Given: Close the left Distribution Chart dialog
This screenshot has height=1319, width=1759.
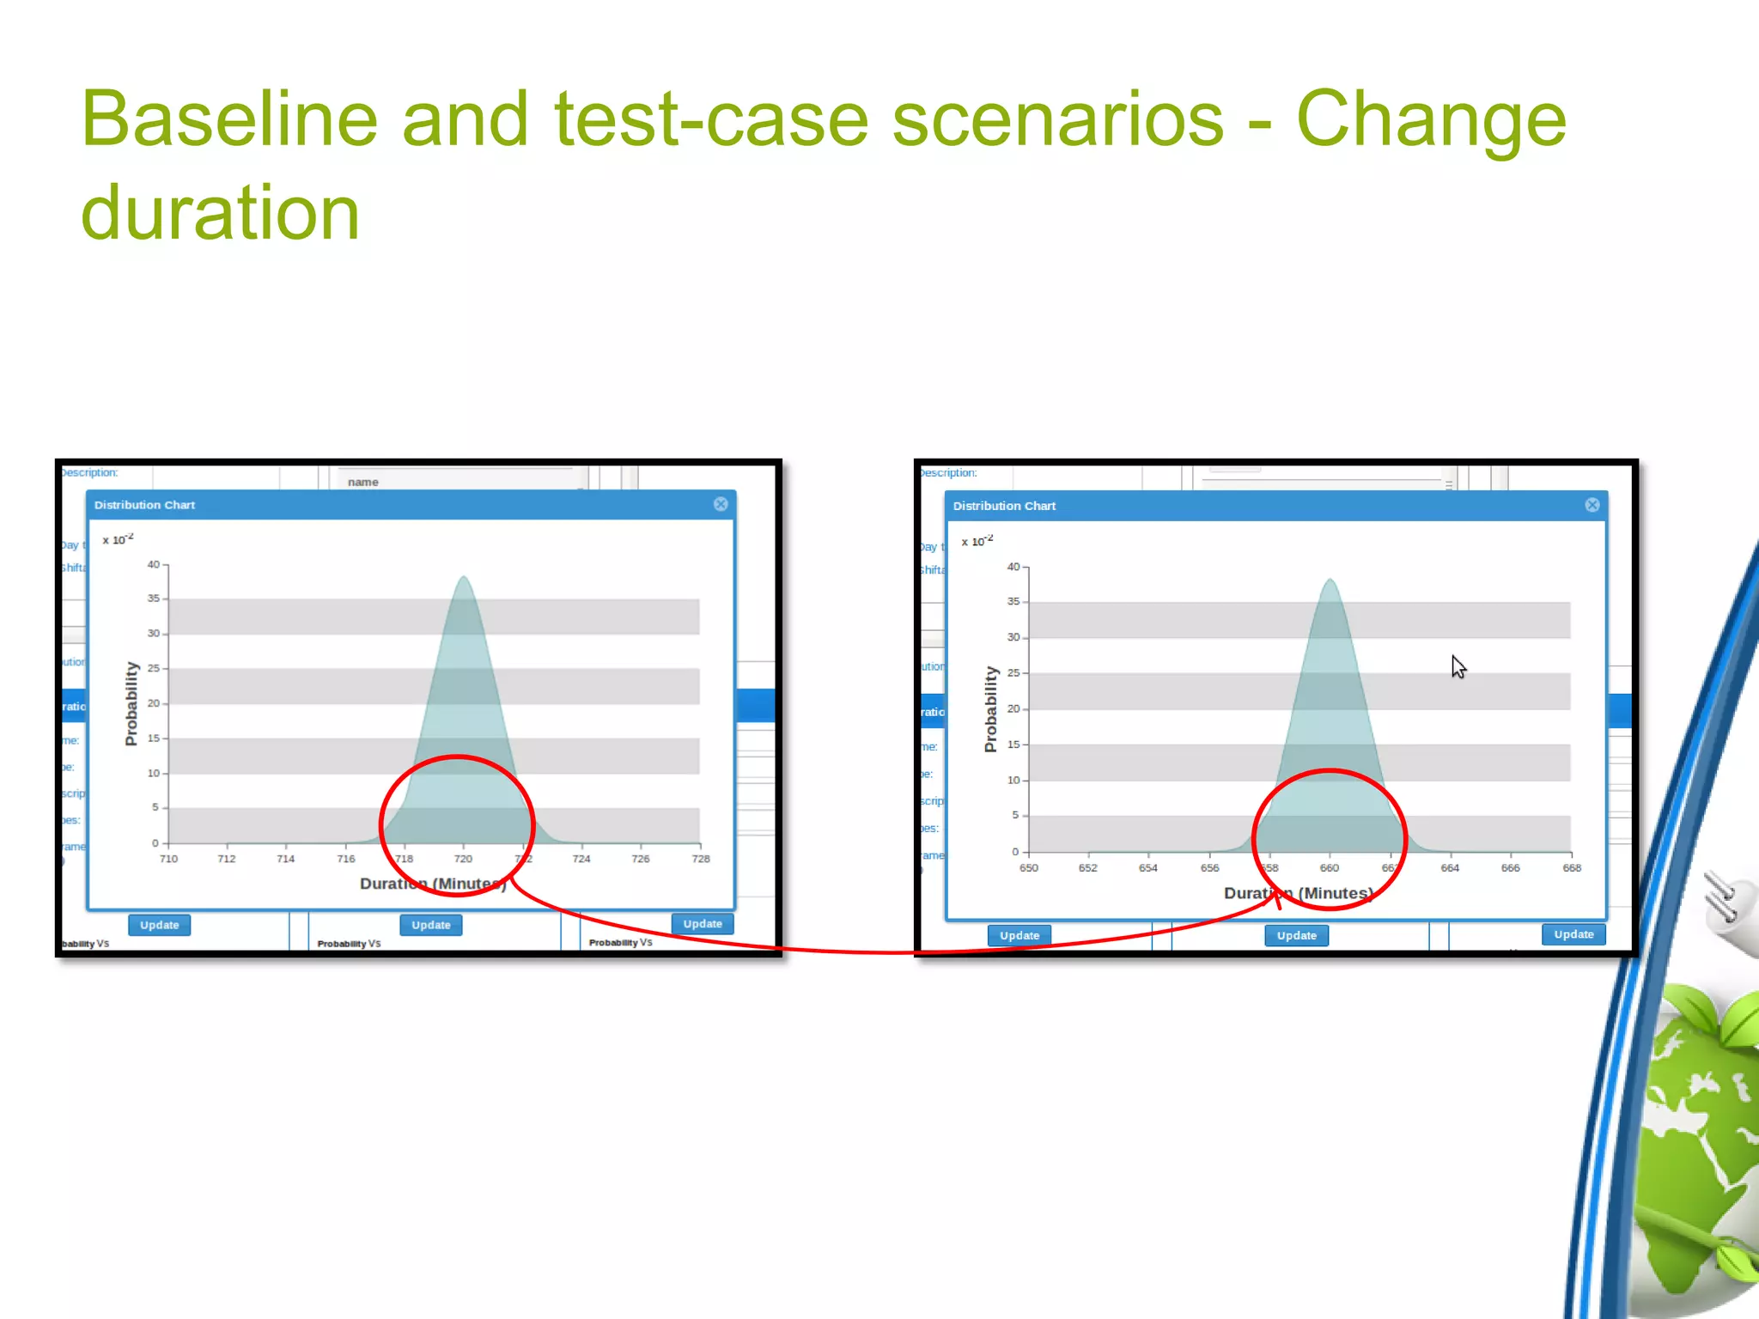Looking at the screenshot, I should pyautogui.click(x=721, y=504).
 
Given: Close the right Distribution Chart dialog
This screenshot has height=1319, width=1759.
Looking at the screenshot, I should pyautogui.click(x=1592, y=505).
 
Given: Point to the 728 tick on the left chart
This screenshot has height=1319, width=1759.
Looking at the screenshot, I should pyautogui.click(x=701, y=859).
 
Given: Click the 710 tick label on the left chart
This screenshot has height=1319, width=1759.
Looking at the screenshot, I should pyautogui.click(x=168, y=859).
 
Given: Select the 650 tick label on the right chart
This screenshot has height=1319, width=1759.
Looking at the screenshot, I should pyautogui.click(x=1028, y=868).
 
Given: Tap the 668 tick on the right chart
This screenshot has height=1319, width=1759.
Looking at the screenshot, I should pyautogui.click(x=1571, y=868).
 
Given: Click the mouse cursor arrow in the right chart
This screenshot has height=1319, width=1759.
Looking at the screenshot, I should pyautogui.click(x=1458, y=666).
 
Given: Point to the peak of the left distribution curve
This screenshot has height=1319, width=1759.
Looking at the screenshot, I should pyautogui.click(x=464, y=577).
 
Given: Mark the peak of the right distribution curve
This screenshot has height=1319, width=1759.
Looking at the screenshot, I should pyautogui.click(x=1330, y=580).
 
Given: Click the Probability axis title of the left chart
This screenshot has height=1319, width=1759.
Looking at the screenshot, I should pyautogui.click(x=131, y=703).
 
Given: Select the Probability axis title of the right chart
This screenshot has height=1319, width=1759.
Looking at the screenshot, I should pyautogui.click(x=990, y=709).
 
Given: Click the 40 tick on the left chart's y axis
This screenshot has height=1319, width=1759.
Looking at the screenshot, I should pyautogui.click(x=153, y=564).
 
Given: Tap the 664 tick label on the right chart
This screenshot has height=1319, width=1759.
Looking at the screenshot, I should pyautogui.click(x=1450, y=868).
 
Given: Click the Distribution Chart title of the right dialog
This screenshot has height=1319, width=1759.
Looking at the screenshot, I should pyautogui.click(x=1004, y=506).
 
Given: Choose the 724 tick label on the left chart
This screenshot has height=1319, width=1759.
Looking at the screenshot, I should pyautogui.click(x=581, y=859).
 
